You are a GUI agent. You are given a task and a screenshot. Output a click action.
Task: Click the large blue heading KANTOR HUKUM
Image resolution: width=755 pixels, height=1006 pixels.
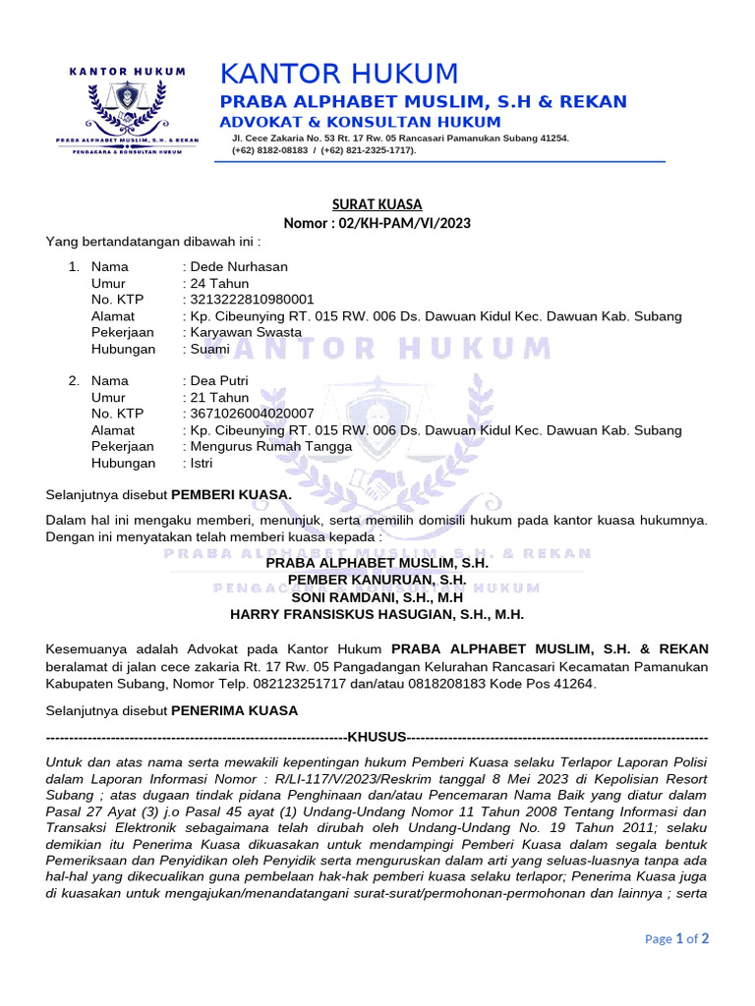pyautogui.click(x=339, y=74)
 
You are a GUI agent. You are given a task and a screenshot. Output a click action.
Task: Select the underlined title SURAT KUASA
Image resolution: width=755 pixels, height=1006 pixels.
pyautogui.click(x=377, y=204)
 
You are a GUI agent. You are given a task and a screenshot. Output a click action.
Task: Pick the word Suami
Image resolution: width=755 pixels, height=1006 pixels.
pyautogui.click(x=210, y=349)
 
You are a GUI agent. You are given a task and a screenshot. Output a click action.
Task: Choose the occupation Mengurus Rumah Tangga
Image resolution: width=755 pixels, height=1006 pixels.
pyautogui.click(x=270, y=446)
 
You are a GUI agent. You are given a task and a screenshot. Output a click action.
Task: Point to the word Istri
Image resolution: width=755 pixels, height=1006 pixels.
pyautogui.click(x=202, y=463)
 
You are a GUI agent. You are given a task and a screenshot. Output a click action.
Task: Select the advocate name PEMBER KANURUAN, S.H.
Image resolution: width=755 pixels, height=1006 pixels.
pyautogui.click(x=377, y=580)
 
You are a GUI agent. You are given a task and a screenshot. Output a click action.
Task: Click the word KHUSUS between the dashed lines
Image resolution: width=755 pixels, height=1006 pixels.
pyautogui.click(x=377, y=736)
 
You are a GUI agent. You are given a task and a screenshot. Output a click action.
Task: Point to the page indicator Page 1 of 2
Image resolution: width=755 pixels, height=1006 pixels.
pyautogui.click(x=676, y=938)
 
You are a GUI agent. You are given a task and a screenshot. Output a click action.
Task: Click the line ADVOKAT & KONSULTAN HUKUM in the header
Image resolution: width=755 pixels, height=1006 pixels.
pyautogui.click(x=360, y=122)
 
